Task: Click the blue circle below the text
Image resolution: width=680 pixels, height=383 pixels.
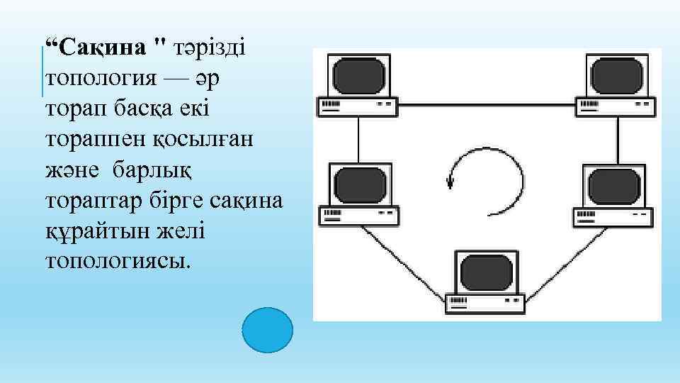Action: pos(267,330)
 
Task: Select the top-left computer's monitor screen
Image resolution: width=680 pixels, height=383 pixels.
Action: pos(358,75)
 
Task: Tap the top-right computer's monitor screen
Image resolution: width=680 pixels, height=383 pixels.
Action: pos(616,75)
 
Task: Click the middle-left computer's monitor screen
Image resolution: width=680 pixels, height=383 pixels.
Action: pos(358,184)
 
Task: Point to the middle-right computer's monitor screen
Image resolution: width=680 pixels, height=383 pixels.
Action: pos(616,184)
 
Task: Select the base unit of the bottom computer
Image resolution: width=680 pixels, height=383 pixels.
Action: pos(486,303)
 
